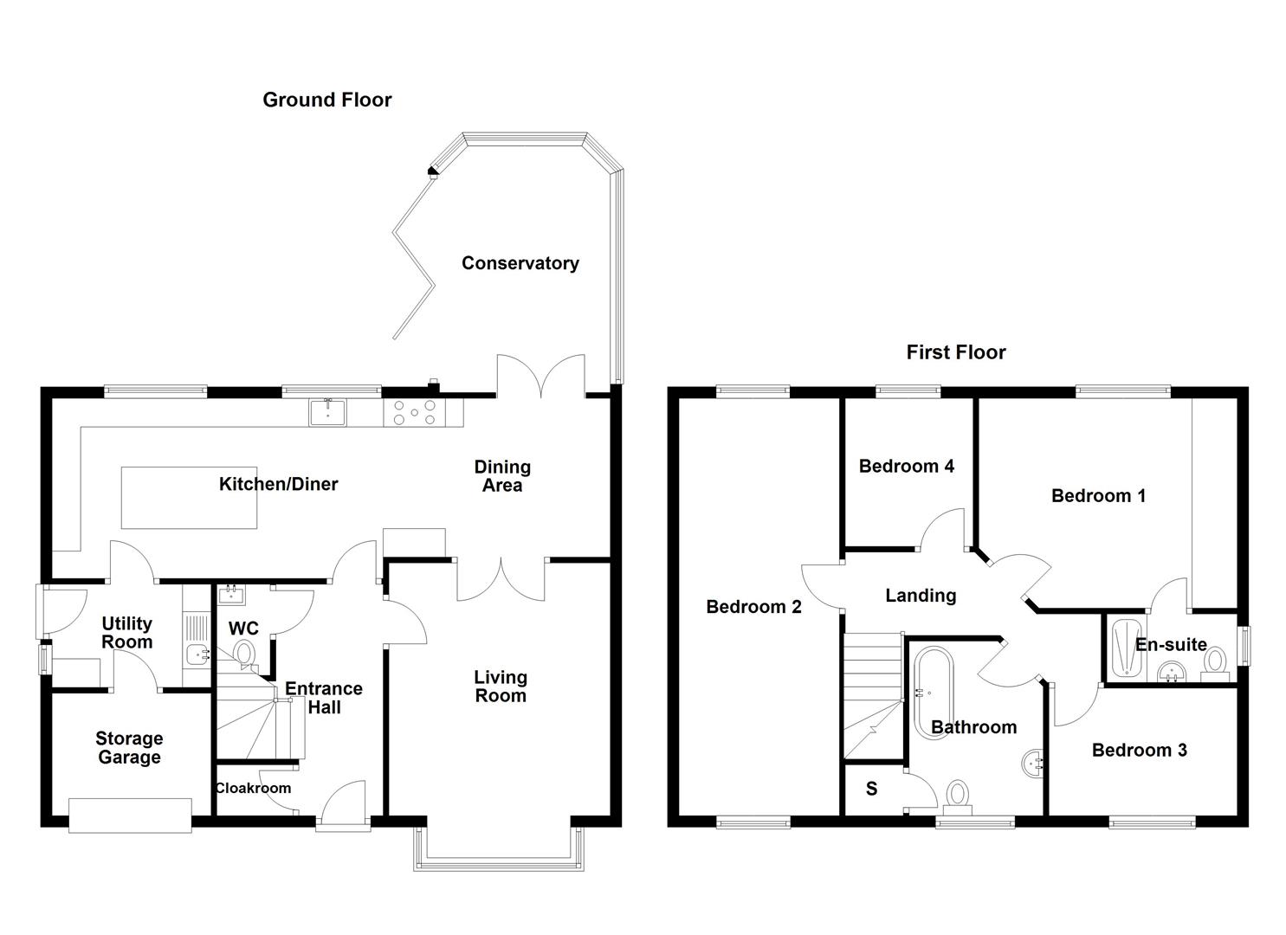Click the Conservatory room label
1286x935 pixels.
[x=520, y=263]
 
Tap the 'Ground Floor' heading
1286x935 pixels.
[x=326, y=100]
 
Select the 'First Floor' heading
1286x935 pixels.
[x=955, y=352]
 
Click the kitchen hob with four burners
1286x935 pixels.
[x=415, y=412]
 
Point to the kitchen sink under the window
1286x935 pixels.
[x=327, y=412]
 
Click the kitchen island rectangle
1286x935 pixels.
[x=189, y=498]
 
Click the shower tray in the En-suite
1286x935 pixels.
[x=1124, y=648]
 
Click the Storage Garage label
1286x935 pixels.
[x=129, y=748]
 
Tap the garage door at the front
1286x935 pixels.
[x=130, y=816]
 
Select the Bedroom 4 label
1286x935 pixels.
[x=906, y=467]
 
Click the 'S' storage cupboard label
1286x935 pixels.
[x=871, y=789]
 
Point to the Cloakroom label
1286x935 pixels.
[x=253, y=788]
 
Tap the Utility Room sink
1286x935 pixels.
[x=197, y=655]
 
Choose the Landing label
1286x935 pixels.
[x=920, y=596]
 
